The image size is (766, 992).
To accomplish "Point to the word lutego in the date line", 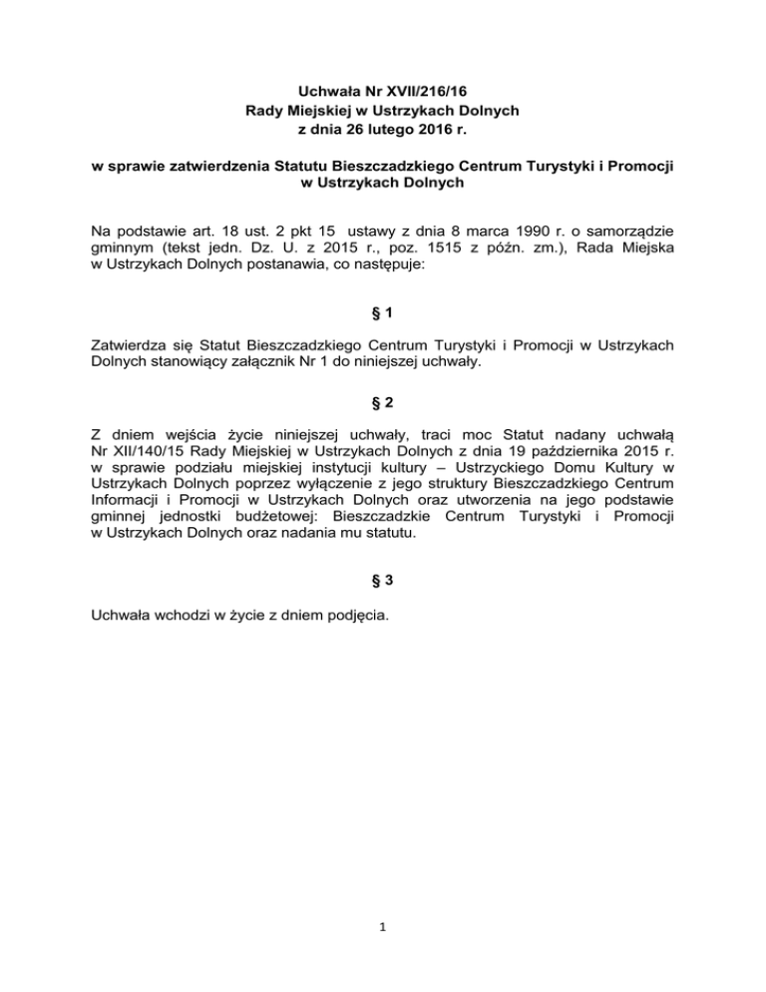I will pos(370,128).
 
